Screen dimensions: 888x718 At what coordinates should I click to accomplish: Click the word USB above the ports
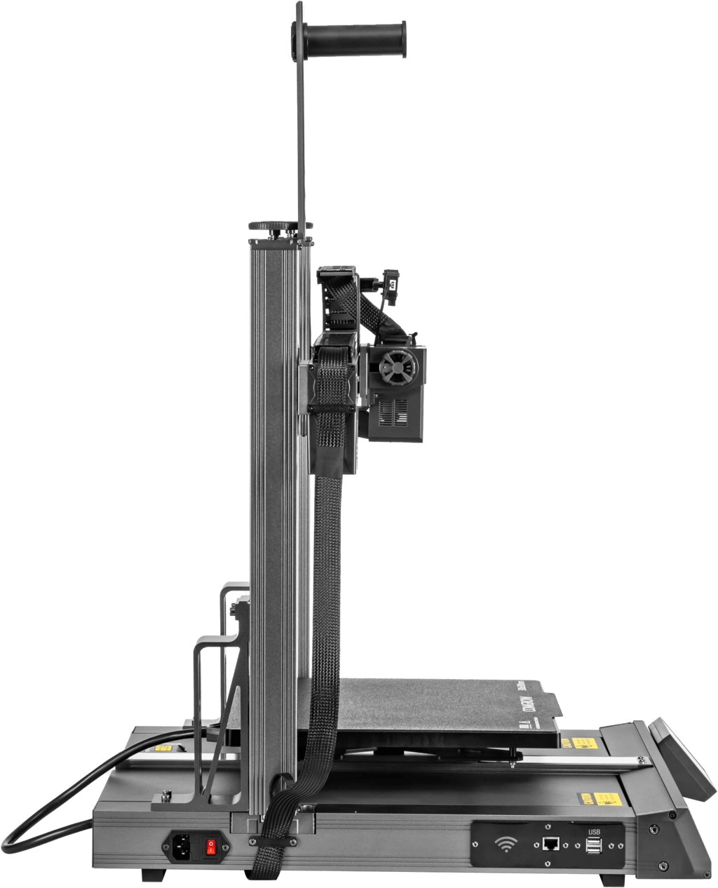593,831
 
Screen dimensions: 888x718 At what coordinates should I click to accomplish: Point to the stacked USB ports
595,847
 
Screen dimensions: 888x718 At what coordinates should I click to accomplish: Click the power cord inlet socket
180,847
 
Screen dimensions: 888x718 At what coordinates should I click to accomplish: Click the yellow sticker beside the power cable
163,748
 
